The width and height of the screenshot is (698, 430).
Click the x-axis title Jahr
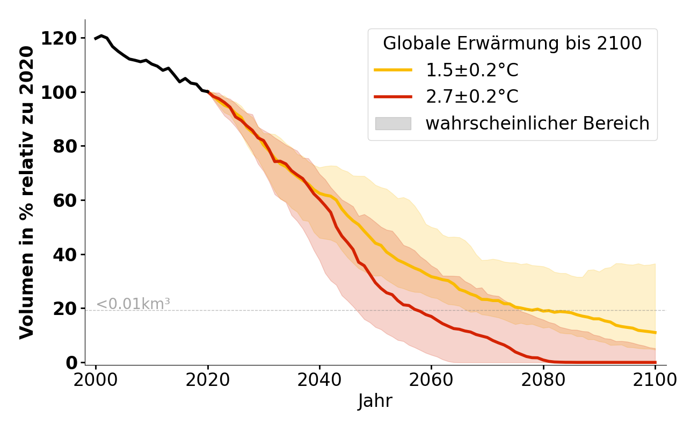[375, 401]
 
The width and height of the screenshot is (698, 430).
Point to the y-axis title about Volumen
[27, 192]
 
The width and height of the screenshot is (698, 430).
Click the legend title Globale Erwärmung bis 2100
[512, 44]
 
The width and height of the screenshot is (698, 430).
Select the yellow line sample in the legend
[393, 70]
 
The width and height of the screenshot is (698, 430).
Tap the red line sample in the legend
[393, 97]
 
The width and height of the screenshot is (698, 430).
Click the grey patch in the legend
[393, 124]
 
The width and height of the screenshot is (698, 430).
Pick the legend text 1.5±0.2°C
[472, 70]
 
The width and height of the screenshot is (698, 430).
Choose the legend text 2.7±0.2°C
[472, 97]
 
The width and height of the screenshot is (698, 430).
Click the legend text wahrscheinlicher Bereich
[537, 124]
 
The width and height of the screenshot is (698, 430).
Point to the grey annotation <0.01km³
[133, 304]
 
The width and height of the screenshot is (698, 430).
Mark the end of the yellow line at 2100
[655, 333]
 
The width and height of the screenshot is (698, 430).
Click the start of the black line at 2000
[96, 39]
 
